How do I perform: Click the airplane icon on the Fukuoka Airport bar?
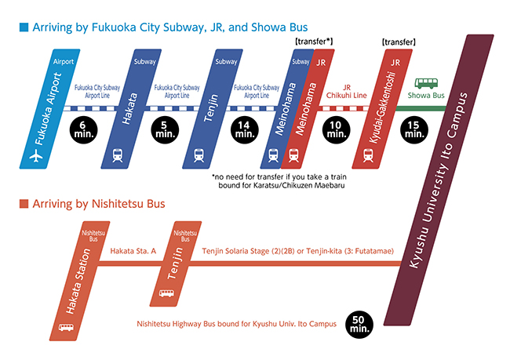click(34, 156)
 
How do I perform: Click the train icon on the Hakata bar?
click(118, 155)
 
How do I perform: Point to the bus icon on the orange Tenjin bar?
click(166, 293)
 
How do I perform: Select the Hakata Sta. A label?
click(133, 250)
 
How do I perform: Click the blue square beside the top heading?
click(23, 26)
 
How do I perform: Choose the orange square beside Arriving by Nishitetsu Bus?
click(23, 205)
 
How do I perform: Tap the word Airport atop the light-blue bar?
click(64, 60)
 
